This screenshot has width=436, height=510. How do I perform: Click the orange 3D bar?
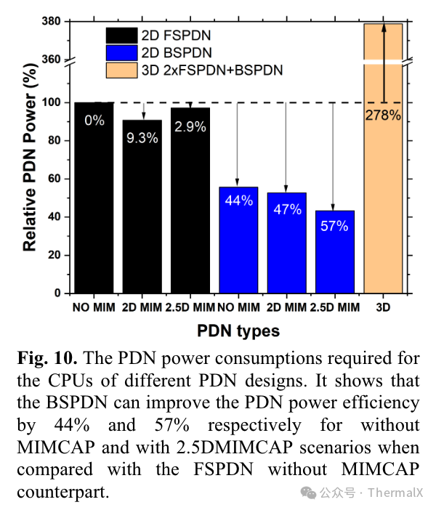point(383,182)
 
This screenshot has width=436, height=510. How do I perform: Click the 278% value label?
point(383,115)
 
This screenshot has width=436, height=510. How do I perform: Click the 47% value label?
point(287,209)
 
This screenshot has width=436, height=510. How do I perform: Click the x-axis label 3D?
point(383,307)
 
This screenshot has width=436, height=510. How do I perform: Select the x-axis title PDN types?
point(238,331)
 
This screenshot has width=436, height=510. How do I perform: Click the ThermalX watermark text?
point(395,493)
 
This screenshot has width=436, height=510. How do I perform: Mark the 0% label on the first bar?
point(94,121)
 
